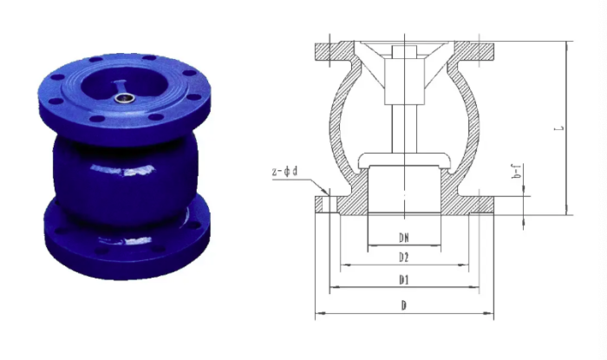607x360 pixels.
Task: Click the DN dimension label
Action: (402, 236)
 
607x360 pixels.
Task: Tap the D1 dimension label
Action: (403, 280)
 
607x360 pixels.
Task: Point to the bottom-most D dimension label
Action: (403, 304)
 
